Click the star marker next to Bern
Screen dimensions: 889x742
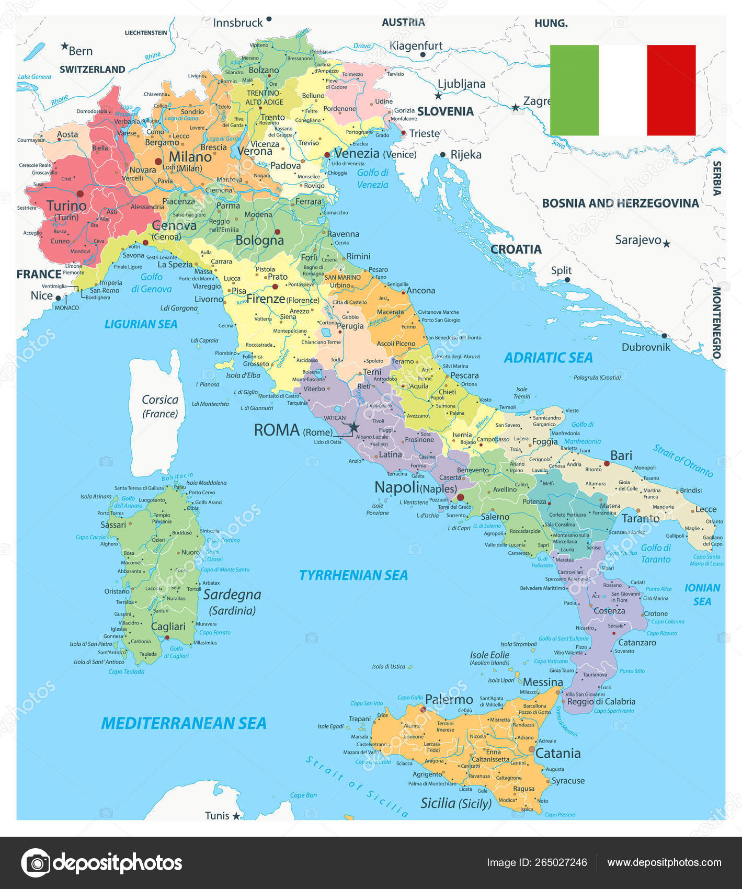pos(64,47)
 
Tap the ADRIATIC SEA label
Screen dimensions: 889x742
pos(548,358)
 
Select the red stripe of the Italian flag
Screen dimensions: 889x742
pos(671,90)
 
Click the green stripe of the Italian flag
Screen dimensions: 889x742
pos(574,90)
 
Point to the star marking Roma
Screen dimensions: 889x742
pos(354,427)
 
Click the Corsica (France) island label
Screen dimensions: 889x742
pos(160,406)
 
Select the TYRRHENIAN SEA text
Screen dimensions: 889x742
pos(353,575)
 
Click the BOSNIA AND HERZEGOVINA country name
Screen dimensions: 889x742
pos(620,203)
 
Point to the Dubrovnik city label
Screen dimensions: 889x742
pos(646,347)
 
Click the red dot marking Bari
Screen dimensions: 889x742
pos(607,463)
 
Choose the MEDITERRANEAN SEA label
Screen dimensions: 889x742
pos(184,723)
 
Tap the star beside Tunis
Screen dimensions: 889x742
pos(236,816)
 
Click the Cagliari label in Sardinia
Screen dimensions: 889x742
pos(168,626)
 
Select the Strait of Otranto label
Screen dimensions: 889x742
pos(683,461)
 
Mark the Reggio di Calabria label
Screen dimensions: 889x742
pos(601,702)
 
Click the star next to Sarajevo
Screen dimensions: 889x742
pos(666,244)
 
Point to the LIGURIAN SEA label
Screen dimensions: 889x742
pos(141,324)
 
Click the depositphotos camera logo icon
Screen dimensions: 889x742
pos(36,862)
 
